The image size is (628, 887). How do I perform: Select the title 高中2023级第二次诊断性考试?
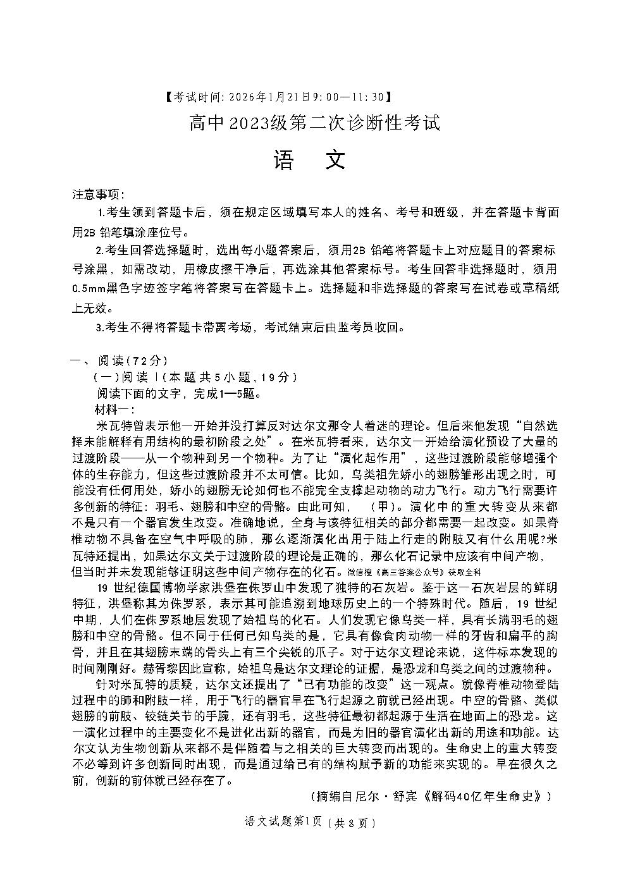[314, 122]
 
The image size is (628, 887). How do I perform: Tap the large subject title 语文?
[310, 161]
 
